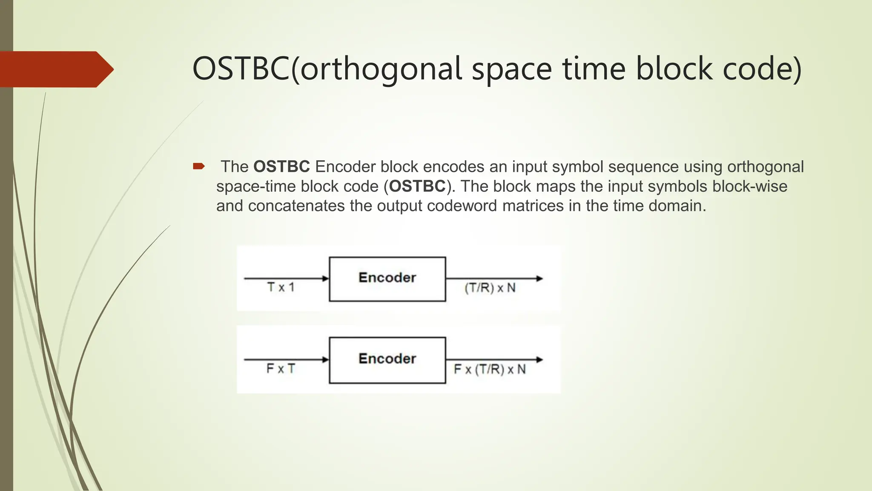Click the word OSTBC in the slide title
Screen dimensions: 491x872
point(241,69)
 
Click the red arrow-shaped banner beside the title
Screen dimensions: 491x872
point(55,69)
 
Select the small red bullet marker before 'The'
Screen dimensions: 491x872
point(198,166)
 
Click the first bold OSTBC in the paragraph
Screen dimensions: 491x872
point(281,167)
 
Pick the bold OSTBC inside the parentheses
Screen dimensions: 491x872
point(417,186)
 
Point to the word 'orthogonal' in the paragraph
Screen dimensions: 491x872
point(765,167)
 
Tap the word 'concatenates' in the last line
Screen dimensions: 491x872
point(296,206)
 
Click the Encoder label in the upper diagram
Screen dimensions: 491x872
point(387,277)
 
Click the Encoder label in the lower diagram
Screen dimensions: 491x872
point(387,358)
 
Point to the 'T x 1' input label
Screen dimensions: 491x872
point(281,287)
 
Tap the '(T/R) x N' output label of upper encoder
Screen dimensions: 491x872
point(490,288)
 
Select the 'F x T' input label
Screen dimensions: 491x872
point(280,369)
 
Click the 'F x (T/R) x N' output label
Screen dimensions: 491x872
point(490,369)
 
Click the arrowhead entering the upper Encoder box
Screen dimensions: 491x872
point(326,279)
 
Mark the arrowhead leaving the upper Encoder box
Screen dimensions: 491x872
point(539,279)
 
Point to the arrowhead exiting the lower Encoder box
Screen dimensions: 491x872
point(539,360)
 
